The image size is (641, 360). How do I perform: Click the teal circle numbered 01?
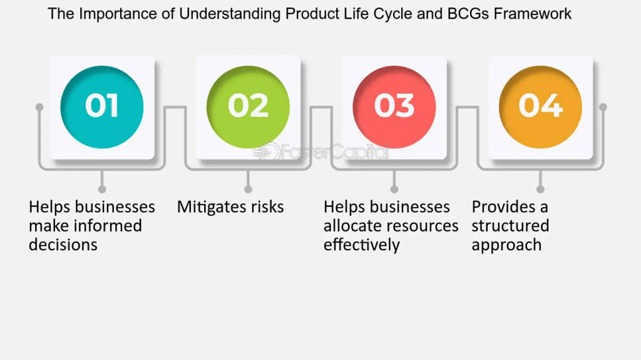102,107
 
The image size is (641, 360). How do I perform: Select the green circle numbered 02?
248,107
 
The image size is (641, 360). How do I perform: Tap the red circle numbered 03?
394,107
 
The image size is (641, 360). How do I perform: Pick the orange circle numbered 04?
540,107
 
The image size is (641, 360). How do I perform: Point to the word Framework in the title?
532,14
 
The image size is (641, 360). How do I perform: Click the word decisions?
63,245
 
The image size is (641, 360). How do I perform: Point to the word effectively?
361,245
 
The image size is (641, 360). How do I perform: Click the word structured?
510,226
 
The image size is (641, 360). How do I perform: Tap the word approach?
506,245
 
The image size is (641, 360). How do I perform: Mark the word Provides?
503,207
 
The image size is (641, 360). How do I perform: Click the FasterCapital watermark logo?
321,152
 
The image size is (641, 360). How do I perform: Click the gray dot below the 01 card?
102,189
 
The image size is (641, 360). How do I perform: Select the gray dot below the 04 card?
540,189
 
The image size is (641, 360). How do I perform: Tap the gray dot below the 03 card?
394,189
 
